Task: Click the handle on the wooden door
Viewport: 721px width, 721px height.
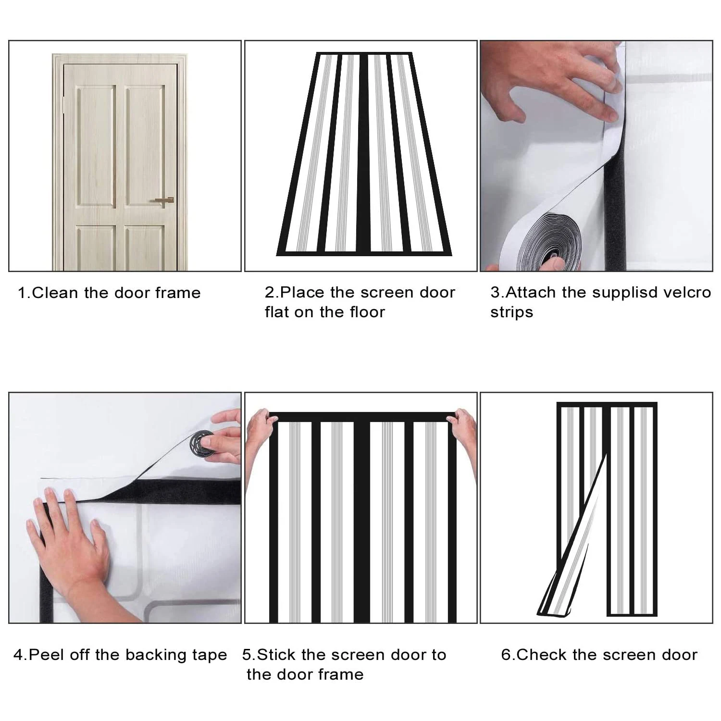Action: click(163, 200)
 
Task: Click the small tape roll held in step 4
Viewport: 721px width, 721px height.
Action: click(203, 443)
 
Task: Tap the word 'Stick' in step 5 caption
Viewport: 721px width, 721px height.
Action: click(276, 655)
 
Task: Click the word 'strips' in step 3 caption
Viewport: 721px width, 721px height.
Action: click(511, 313)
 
